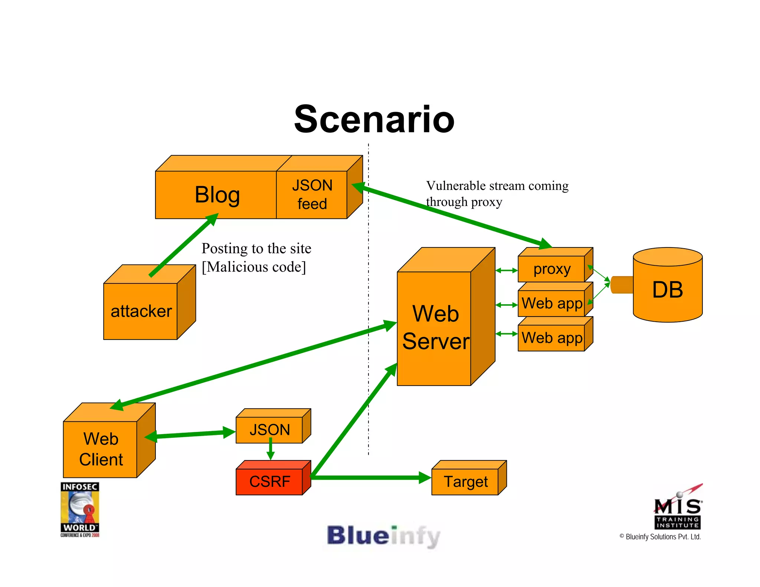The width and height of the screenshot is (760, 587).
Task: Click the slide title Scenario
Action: pyautogui.click(x=374, y=119)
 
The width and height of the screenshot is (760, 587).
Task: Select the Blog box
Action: pyautogui.click(x=217, y=194)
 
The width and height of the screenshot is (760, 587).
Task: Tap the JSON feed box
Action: pyautogui.click(x=312, y=194)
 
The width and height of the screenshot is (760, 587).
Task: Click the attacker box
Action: pyautogui.click(x=141, y=311)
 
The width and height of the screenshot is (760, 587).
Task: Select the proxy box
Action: pyautogui.click(x=551, y=269)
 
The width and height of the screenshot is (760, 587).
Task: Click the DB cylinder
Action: pyautogui.click(x=667, y=289)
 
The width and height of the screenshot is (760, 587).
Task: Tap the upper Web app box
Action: pyautogui.click(x=551, y=304)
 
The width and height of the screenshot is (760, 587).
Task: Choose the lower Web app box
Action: pyautogui.click(x=551, y=338)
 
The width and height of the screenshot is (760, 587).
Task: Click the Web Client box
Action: pyautogui.click(x=101, y=449)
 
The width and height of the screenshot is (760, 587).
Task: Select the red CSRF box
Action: pyautogui.click(x=270, y=481)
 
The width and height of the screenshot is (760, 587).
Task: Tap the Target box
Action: pyautogui.click(x=465, y=482)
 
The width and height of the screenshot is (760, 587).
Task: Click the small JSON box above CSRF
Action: pyautogui.click(x=270, y=430)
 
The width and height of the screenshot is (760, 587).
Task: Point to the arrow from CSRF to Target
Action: pyautogui.click(x=371, y=478)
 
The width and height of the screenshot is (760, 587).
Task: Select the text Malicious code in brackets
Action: pyautogui.click(x=254, y=267)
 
